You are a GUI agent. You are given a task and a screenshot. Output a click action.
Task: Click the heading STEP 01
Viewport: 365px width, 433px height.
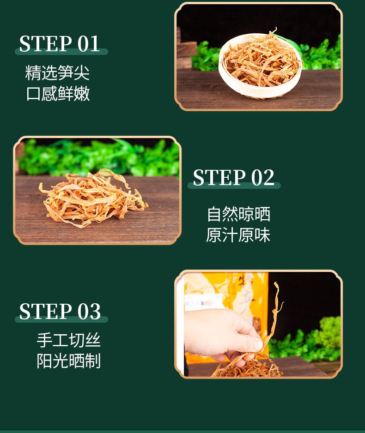(59, 44)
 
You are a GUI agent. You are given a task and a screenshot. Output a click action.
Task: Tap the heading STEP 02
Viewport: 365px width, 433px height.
(233, 178)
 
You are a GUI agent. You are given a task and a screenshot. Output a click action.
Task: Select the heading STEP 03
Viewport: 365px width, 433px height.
(60, 311)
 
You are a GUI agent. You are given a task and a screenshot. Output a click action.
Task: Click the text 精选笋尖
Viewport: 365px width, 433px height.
(57, 72)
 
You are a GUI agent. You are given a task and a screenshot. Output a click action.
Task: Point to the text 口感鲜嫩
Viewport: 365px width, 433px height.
(58, 93)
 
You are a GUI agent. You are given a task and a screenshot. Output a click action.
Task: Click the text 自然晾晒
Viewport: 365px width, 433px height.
(238, 214)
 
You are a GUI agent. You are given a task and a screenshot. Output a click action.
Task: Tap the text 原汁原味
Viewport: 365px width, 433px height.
(238, 235)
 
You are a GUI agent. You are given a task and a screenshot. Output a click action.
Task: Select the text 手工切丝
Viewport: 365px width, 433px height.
(68, 340)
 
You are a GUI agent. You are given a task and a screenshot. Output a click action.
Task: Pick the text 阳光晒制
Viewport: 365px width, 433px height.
(68, 361)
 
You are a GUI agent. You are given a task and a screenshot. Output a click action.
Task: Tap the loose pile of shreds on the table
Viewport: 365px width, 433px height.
(92, 198)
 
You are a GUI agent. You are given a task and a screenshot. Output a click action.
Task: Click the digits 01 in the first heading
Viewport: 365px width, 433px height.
(88, 44)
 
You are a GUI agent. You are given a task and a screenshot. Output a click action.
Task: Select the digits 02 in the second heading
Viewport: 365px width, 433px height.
(263, 178)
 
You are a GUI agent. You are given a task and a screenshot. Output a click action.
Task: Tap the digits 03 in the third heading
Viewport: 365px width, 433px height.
(89, 311)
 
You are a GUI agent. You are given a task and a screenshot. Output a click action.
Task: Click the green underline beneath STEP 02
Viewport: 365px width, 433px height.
(234, 185)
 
